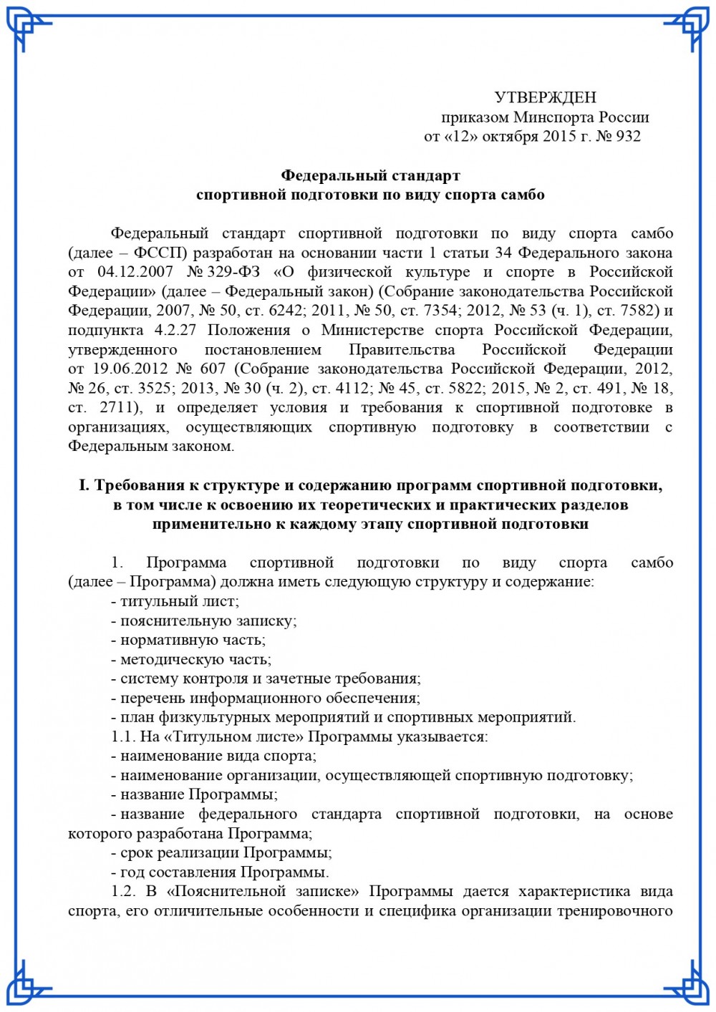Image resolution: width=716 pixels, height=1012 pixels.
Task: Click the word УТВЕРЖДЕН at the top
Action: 545,97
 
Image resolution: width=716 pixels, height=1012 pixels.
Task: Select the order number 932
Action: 628,136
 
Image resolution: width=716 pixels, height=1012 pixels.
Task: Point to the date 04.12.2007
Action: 135,272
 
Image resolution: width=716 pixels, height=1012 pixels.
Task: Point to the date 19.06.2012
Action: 128,369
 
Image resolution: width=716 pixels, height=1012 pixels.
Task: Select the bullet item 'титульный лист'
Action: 179,602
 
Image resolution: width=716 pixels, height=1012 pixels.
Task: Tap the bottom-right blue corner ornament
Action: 688,983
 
